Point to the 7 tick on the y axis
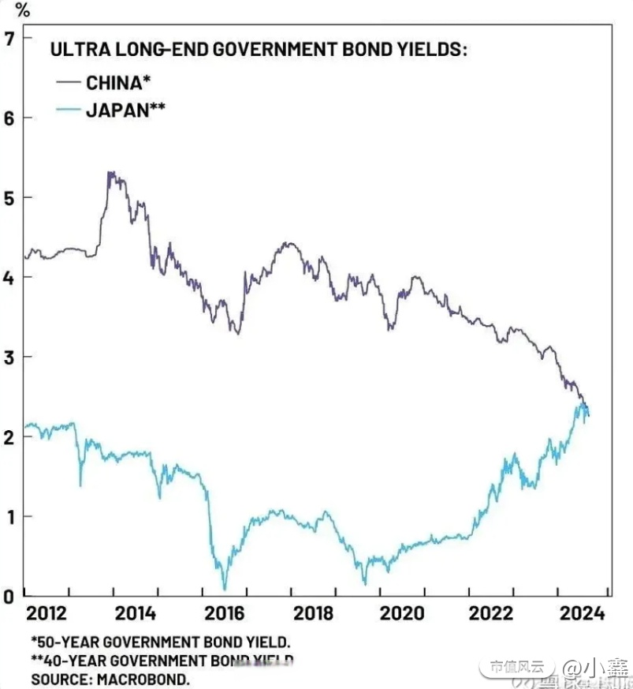point(9,37)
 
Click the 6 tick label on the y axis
point(9,118)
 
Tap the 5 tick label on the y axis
point(9,197)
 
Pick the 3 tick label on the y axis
point(9,358)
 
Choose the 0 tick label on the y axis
point(9,596)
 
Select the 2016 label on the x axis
point(224,613)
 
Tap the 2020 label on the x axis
point(402,613)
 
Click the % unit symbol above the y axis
point(23,10)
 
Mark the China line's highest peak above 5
point(110,173)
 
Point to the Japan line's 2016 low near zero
point(225,588)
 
